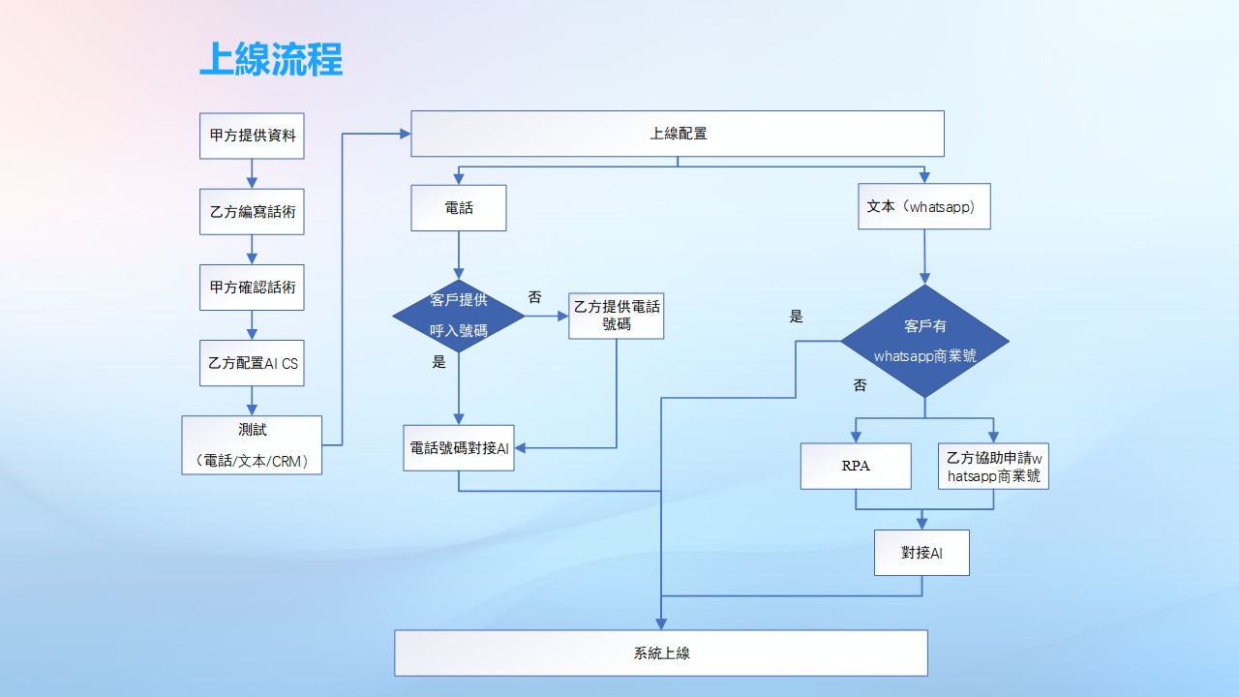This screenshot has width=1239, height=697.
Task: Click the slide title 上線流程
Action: [x=271, y=59]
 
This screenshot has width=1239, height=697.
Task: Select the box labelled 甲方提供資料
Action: [x=252, y=136]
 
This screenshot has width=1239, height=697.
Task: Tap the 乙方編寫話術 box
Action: [x=252, y=211]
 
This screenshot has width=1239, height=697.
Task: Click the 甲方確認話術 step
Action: [x=252, y=288]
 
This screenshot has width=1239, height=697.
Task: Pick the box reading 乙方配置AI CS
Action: [x=252, y=363]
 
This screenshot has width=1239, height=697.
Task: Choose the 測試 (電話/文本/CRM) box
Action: [x=252, y=445]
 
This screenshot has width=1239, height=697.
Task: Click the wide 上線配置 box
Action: [x=678, y=134]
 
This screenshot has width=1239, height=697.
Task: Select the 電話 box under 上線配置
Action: [x=459, y=208]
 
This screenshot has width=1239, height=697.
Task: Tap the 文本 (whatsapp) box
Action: [x=923, y=206]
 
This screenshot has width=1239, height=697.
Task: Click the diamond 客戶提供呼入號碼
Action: [x=459, y=316]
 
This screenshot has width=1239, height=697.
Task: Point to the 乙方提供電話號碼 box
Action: [x=617, y=316]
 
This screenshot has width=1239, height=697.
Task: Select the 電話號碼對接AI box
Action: [x=459, y=448]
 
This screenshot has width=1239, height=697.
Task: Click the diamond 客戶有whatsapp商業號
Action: [x=924, y=341]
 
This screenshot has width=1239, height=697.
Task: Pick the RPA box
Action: [x=856, y=466]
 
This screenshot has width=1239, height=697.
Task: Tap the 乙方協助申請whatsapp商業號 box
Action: [x=993, y=466]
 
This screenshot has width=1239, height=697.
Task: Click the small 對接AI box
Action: [x=922, y=553]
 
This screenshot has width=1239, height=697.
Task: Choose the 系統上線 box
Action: [x=660, y=652]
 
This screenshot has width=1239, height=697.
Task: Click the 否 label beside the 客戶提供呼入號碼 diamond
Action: [x=534, y=297]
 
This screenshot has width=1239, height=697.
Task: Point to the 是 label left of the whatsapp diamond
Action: [x=796, y=316]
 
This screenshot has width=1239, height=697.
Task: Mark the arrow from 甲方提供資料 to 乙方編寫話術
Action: [x=252, y=173]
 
